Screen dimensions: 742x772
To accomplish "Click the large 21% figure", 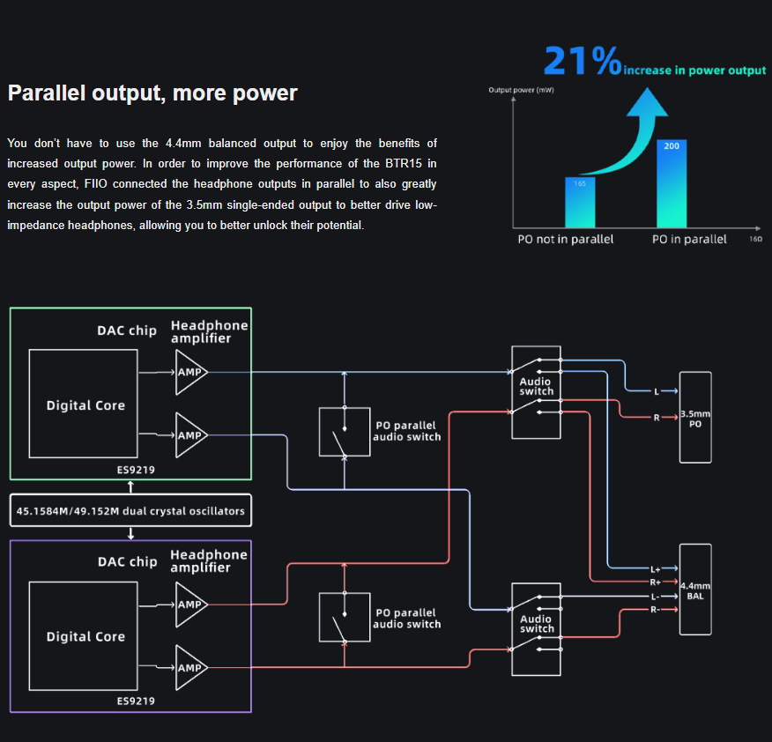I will pyautogui.click(x=583, y=60).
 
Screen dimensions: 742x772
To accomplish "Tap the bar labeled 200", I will pyautogui.click(x=672, y=185).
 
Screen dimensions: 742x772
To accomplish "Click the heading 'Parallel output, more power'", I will pyautogui.click(x=152, y=93).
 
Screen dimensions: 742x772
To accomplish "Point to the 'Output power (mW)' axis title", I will pyautogui.click(x=521, y=90).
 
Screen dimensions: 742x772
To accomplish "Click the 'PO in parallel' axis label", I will pyautogui.click(x=688, y=239).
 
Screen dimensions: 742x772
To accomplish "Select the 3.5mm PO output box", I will pyautogui.click(x=694, y=417).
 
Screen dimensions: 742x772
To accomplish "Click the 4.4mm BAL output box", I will pyautogui.click(x=694, y=589).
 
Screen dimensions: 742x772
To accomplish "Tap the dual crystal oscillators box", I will pyautogui.click(x=130, y=510).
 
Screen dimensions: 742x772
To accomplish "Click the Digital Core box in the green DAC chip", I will pyautogui.click(x=83, y=404).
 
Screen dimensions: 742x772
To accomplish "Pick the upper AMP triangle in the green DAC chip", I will pyautogui.click(x=190, y=372).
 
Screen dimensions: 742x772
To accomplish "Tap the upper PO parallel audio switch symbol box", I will pyautogui.click(x=345, y=432).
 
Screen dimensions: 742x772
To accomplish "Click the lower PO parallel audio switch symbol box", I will pyautogui.click(x=345, y=616).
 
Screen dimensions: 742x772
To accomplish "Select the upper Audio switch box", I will pyautogui.click(x=536, y=392).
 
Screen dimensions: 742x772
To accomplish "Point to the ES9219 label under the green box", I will pyautogui.click(x=136, y=470).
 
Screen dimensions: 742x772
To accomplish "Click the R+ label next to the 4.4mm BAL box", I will pyautogui.click(x=655, y=582).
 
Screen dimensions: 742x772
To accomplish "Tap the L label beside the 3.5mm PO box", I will pyautogui.click(x=656, y=391).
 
